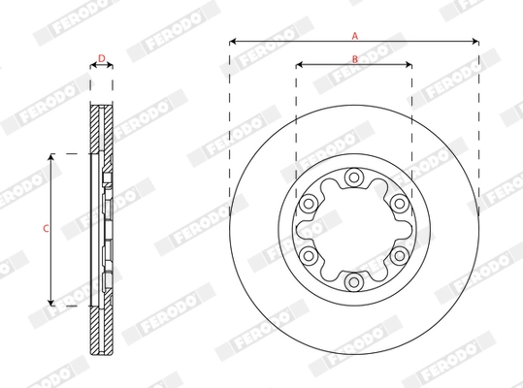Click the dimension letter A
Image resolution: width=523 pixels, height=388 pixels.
pos(355,35)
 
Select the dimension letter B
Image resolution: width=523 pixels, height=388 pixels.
pos(355,59)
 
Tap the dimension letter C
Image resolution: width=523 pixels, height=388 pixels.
pos(45,229)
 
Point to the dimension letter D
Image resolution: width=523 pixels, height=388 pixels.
pos(102,58)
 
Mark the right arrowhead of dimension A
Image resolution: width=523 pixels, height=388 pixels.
pos(475,42)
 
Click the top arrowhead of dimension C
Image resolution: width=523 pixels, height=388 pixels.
pos(51,157)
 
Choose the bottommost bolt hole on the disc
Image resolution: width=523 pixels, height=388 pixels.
pos(354,281)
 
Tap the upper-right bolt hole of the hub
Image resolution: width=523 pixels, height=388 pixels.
pos(399,204)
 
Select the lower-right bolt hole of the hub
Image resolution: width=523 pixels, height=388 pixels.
pos(399,255)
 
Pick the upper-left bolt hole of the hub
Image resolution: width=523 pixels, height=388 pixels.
pos(309,204)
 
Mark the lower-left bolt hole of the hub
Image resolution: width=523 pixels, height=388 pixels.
pos(309,255)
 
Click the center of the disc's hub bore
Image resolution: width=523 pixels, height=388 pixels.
pos(354,230)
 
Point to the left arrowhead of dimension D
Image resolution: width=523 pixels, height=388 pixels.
pos(93,66)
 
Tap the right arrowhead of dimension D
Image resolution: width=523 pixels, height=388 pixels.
pos(111,66)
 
